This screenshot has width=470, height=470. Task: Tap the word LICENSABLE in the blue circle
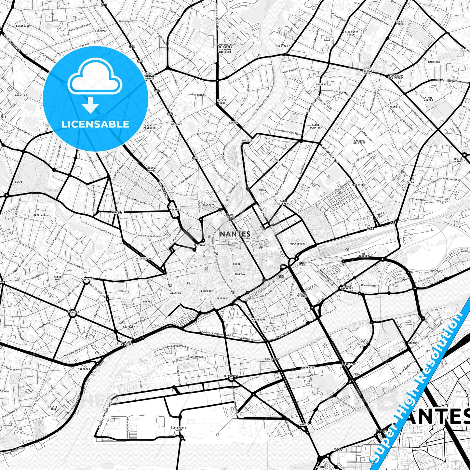click(x=95, y=124)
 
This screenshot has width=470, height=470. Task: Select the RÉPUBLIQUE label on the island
click(x=231, y=376)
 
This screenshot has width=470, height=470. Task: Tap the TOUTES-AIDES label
click(x=459, y=160)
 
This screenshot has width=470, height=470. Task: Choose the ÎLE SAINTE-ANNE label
click(x=179, y=429)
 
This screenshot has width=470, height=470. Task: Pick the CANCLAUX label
click(x=87, y=279)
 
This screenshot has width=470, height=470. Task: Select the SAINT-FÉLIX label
click(x=222, y=101)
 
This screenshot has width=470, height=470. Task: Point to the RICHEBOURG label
click(x=298, y=243)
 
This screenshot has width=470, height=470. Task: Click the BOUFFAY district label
click(x=240, y=274)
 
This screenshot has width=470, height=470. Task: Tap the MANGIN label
click(x=305, y=424)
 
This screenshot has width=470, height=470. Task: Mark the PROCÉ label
click(x=19, y=182)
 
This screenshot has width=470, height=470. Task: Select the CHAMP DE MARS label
click(x=302, y=295)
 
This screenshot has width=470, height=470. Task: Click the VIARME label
click(x=174, y=210)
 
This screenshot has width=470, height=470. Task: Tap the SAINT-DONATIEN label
click(x=317, y=126)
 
